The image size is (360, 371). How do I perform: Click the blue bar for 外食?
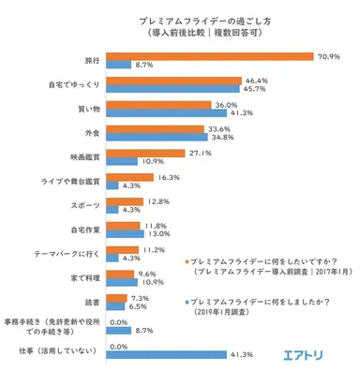coord(156,138)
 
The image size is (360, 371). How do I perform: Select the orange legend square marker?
coord(188,260)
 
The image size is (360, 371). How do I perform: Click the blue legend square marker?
coord(188,304)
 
